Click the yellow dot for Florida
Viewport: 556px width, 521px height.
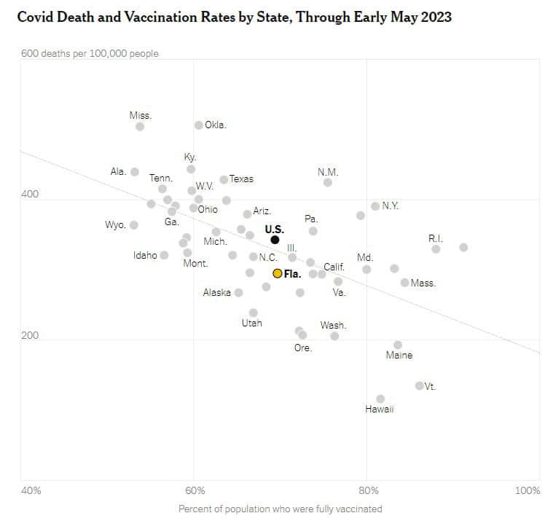[x=277, y=273]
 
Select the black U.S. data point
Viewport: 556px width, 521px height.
[x=275, y=240]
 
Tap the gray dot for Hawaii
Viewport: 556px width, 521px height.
[x=380, y=399]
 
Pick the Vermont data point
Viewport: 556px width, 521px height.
[x=419, y=385]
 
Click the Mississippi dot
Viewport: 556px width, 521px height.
[x=140, y=126]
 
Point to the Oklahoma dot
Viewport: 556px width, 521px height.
[x=198, y=125]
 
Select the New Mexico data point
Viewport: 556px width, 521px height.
[x=328, y=182]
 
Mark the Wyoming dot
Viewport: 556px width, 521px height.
[x=134, y=225]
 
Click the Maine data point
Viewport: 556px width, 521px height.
[x=398, y=345]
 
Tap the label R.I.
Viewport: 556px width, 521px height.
[x=436, y=238]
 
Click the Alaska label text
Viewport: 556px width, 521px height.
[x=216, y=293]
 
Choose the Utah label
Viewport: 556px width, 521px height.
[x=251, y=323]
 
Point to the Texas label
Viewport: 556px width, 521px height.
[x=241, y=179]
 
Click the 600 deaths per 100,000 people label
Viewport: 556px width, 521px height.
[x=90, y=53]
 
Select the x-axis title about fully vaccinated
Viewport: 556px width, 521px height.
[x=280, y=509]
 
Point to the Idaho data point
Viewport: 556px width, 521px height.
[x=164, y=255]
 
